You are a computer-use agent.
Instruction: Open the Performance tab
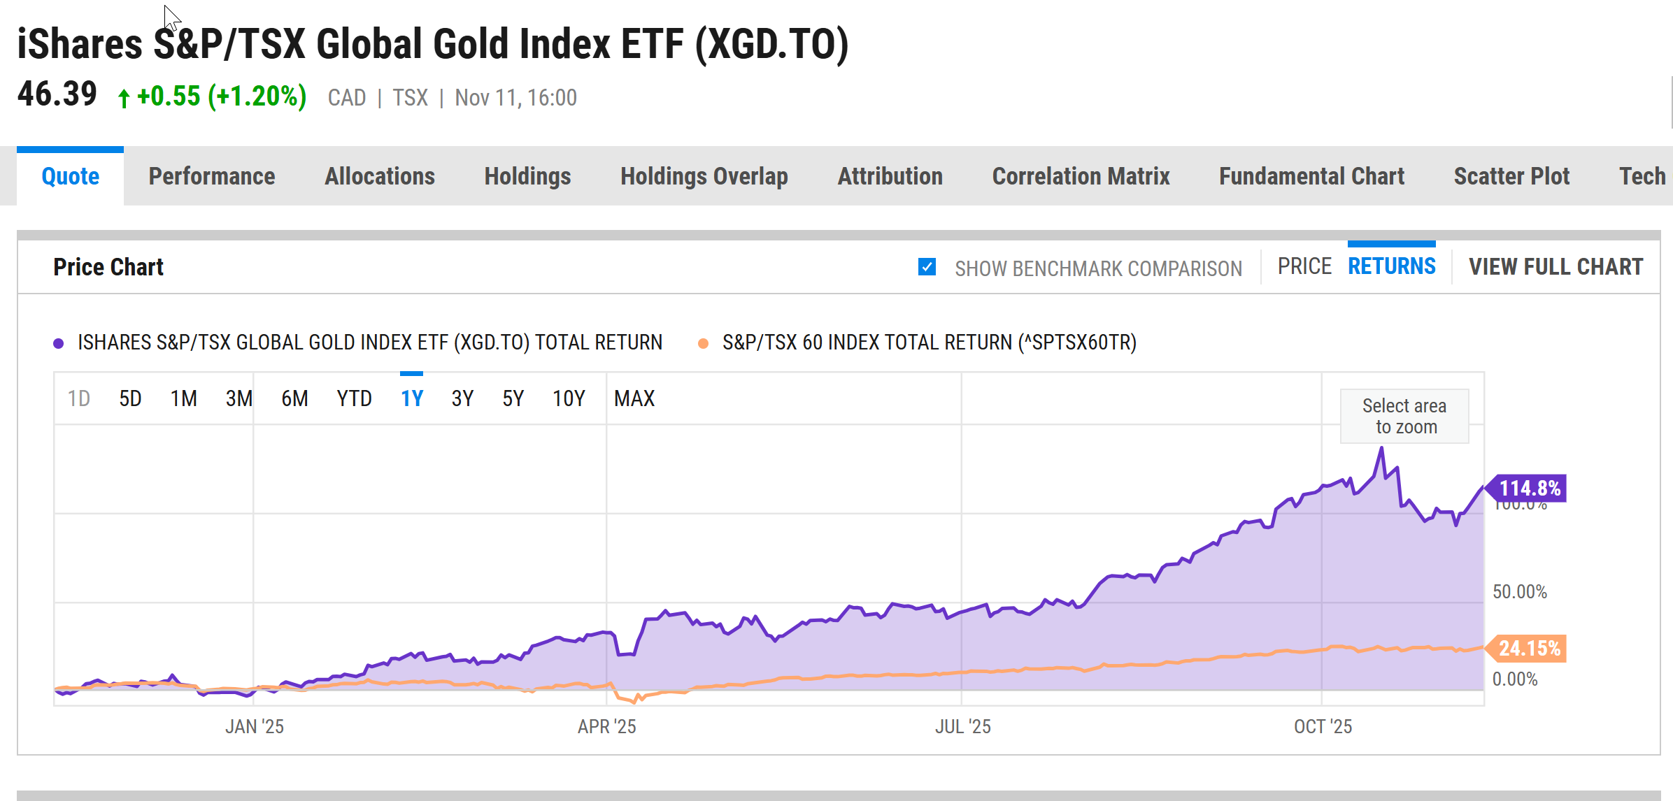tap(211, 176)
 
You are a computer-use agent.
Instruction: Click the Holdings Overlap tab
tap(704, 176)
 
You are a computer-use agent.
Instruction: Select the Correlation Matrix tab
tap(1081, 176)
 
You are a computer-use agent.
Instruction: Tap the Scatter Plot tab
tap(1511, 176)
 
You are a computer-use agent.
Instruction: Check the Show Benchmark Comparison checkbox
tap(927, 267)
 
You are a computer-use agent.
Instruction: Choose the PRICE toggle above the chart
tap(1304, 266)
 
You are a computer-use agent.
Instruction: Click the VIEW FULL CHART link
tap(1555, 267)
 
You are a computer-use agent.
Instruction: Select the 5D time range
tap(130, 398)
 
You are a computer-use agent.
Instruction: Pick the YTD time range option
tap(354, 398)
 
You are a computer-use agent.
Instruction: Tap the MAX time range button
tap(634, 398)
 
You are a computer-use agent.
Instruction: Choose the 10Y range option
tap(569, 398)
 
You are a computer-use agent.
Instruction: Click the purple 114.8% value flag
tap(1529, 489)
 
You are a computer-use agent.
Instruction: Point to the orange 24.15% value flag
tap(1529, 649)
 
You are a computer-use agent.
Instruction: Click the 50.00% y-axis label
tap(1519, 592)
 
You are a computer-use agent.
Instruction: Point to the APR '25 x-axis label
tap(606, 727)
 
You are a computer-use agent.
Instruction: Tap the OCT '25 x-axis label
tap(1323, 727)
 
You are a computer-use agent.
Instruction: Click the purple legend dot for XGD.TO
tap(59, 343)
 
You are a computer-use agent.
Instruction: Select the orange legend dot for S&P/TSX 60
tap(704, 343)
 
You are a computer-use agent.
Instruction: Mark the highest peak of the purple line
tap(1381, 449)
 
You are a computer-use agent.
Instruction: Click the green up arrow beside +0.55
tap(124, 99)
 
